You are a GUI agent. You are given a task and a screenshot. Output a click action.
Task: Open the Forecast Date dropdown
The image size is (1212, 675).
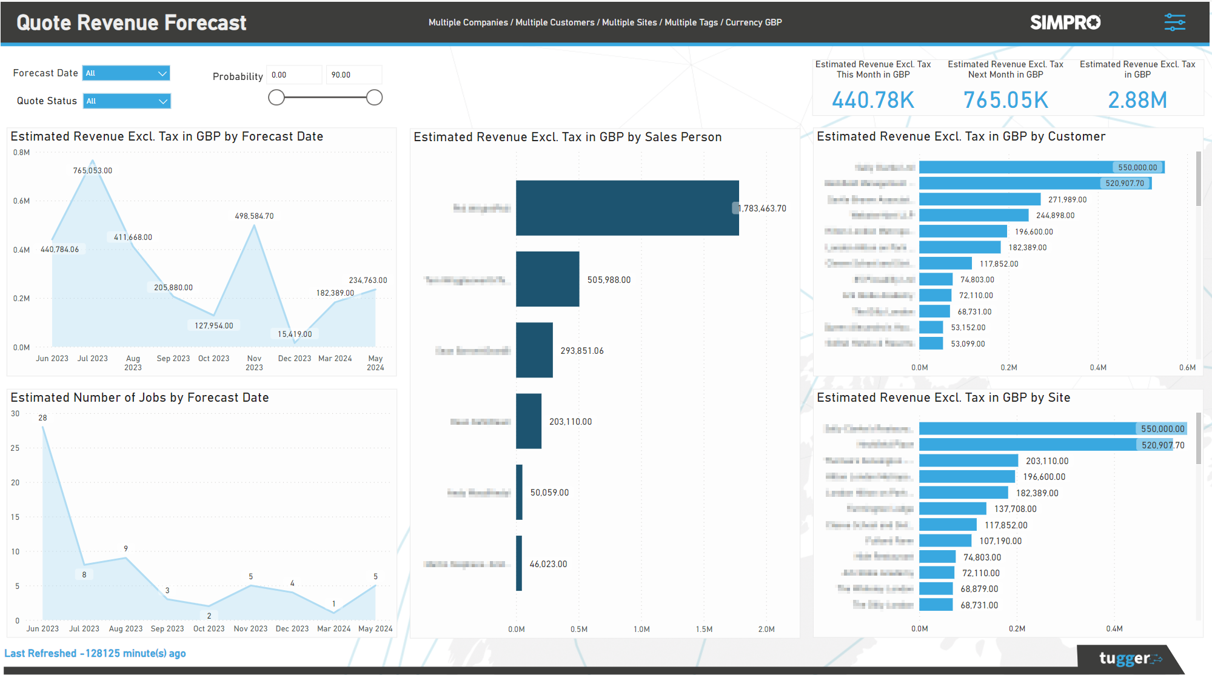(x=126, y=73)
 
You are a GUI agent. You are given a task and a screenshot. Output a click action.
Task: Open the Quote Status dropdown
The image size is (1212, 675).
(x=127, y=101)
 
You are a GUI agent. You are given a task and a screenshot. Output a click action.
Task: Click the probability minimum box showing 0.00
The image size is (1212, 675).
(x=294, y=75)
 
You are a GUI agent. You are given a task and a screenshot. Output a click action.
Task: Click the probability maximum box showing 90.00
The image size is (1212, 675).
(x=353, y=75)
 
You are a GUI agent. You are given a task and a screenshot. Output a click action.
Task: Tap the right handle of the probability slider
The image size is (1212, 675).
(x=375, y=98)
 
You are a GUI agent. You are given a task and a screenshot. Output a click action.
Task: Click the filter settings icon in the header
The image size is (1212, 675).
(x=1174, y=22)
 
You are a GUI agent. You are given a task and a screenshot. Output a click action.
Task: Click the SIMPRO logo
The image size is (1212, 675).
(x=1065, y=22)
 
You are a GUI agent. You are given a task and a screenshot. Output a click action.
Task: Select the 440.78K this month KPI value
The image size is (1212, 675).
(x=872, y=100)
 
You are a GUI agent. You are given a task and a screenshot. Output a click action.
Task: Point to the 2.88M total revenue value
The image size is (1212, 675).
(x=1137, y=100)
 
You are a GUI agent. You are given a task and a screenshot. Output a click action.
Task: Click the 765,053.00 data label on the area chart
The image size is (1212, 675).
(x=93, y=171)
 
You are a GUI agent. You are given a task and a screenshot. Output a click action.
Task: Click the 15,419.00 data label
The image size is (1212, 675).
(x=295, y=334)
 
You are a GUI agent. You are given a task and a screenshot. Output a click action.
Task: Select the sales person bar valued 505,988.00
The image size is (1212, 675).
(x=547, y=279)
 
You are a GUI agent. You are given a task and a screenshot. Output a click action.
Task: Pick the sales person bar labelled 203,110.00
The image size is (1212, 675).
(x=529, y=421)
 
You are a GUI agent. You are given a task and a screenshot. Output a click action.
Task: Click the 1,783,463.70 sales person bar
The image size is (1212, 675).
(x=627, y=208)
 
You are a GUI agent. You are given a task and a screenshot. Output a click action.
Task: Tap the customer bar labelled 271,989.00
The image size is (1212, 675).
(x=980, y=199)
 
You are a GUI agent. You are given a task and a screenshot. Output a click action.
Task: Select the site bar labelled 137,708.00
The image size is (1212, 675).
(x=953, y=509)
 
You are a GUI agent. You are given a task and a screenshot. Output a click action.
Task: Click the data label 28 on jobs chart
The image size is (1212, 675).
(x=42, y=418)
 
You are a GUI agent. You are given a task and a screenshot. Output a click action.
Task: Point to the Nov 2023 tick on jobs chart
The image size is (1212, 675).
(x=250, y=629)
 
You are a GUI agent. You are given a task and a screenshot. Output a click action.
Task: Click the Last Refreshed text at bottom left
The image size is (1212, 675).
(x=95, y=654)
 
